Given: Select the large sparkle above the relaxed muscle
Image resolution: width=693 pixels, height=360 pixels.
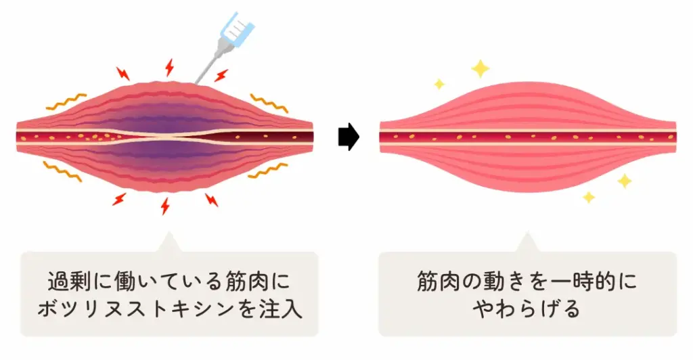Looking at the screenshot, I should pyautogui.click(x=480, y=68).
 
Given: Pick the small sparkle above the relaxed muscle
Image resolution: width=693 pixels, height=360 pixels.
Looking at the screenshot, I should pyautogui.click(x=439, y=84).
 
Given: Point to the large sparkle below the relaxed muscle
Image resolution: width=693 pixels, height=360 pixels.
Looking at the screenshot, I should pyautogui.click(x=624, y=181).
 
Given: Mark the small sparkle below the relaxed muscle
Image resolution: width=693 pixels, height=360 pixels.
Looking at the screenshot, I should pyautogui.click(x=589, y=197).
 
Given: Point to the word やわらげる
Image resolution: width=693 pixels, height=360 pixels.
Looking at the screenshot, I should pyautogui.click(x=527, y=309).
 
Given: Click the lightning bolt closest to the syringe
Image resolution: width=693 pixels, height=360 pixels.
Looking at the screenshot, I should pyautogui.click(x=221, y=74).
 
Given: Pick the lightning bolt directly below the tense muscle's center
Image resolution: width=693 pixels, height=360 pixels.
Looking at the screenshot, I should pyautogui.click(x=164, y=205).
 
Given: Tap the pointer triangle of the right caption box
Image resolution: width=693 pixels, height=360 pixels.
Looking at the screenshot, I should pyautogui.click(x=527, y=244).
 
